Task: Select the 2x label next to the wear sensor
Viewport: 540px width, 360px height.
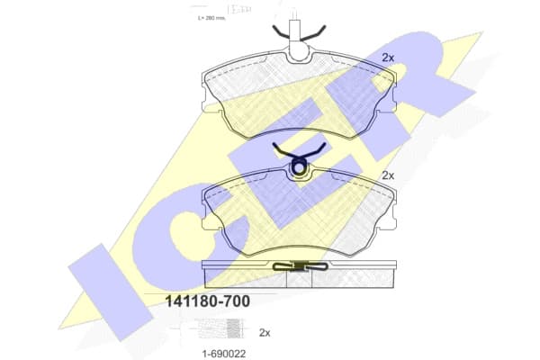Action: (x=264, y=332)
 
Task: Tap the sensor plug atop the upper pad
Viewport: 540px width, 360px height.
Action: (x=294, y=27)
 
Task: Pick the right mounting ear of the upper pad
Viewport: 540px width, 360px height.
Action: (x=384, y=104)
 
